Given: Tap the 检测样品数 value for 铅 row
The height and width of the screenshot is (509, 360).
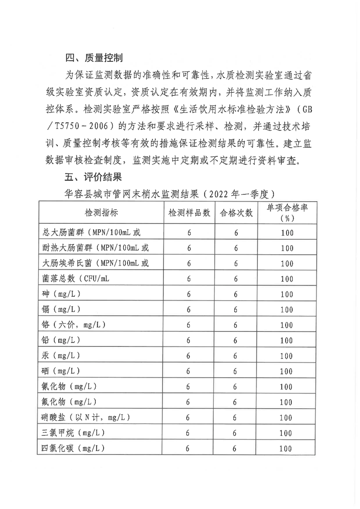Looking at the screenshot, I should [x=188, y=341].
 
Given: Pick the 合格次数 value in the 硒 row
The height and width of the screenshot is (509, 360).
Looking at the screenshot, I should [x=236, y=371].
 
